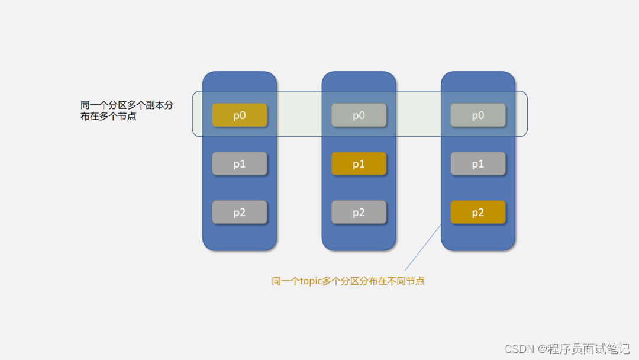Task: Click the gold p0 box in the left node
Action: tap(240, 115)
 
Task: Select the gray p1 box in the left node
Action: tap(240, 164)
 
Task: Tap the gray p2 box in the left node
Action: tap(240, 213)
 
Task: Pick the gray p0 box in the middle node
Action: tap(359, 115)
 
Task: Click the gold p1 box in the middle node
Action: tap(359, 164)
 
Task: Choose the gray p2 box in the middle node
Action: tap(359, 213)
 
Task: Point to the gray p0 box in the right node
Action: tap(478, 115)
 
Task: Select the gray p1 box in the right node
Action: tap(478, 164)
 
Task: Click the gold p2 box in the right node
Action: tap(478, 213)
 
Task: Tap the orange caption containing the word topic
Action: tap(348, 281)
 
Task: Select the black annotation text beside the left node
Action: tap(127, 111)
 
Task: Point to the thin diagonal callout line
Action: tap(423, 247)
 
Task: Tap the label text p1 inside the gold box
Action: tap(359, 165)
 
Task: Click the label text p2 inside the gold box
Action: tap(478, 213)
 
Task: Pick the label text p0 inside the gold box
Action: tap(240, 116)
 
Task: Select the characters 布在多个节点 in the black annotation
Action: tap(108, 117)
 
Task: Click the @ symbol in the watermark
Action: tap(542, 348)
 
